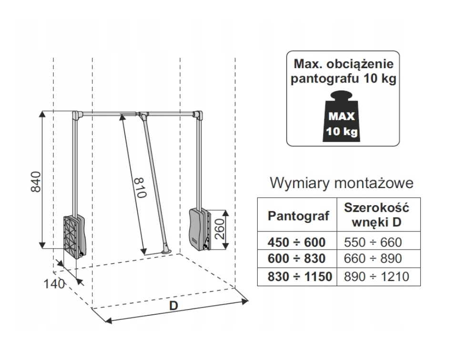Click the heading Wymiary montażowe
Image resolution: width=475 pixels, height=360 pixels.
(342, 183)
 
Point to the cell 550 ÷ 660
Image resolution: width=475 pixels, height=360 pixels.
(373, 242)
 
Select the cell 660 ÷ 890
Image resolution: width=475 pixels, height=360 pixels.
(373, 259)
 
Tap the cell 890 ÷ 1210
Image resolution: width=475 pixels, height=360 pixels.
(376, 276)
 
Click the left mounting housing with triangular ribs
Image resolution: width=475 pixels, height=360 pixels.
(74, 235)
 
